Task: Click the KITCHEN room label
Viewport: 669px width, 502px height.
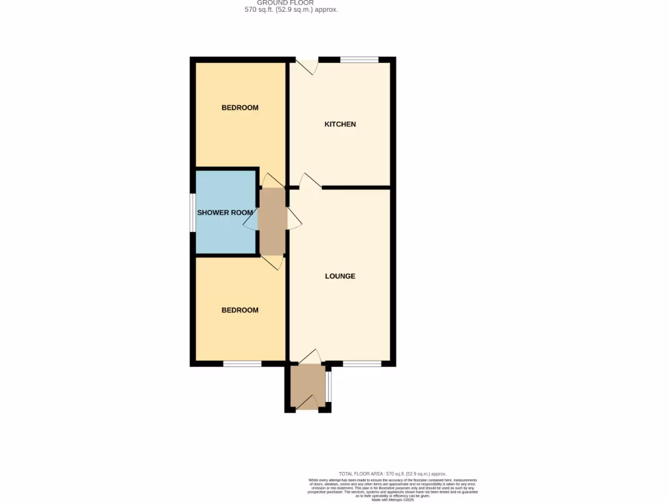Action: [x=340, y=124]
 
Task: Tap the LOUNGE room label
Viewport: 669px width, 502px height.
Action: [x=340, y=276]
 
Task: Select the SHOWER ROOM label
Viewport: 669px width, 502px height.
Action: [x=225, y=212]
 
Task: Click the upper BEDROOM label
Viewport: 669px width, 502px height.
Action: [x=240, y=108]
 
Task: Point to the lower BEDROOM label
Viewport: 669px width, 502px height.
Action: [x=240, y=310]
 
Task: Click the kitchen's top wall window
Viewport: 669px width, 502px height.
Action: [x=359, y=59]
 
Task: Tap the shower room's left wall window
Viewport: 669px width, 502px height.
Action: [x=193, y=212]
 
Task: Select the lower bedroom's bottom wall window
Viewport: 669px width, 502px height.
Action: [x=242, y=363]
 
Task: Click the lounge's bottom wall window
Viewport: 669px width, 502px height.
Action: [x=362, y=363]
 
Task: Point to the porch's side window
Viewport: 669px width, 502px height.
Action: [x=329, y=386]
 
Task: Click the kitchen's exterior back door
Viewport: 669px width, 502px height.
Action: [x=307, y=65]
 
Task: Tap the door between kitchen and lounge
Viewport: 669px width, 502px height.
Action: [x=310, y=181]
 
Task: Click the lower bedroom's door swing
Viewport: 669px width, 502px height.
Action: [x=272, y=262]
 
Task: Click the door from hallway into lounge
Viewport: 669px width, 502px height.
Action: [x=294, y=219]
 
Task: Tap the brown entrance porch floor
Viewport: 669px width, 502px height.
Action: [x=307, y=386]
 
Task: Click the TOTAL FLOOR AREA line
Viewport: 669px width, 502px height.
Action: [x=392, y=473]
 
